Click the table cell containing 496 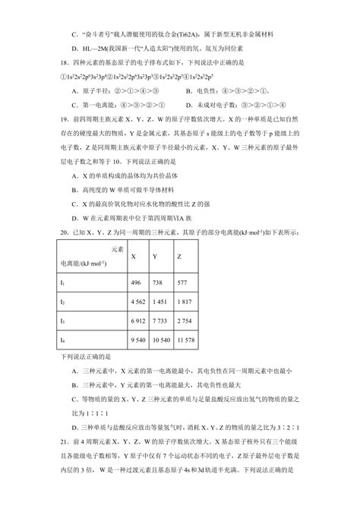(x=137, y=281)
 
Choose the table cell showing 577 (x=182, y=281)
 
